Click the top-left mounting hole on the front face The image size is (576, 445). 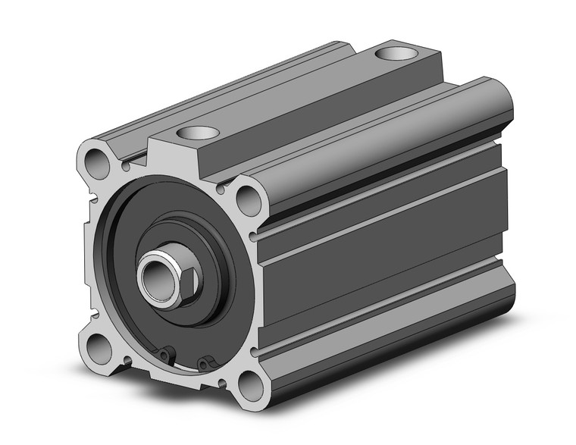tap(96, 160)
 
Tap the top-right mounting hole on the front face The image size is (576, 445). tap(247, 199)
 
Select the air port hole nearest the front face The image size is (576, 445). tap(198, 133)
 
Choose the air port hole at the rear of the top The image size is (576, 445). tap(394, 55)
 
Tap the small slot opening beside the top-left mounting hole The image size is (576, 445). tap(124, 162)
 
